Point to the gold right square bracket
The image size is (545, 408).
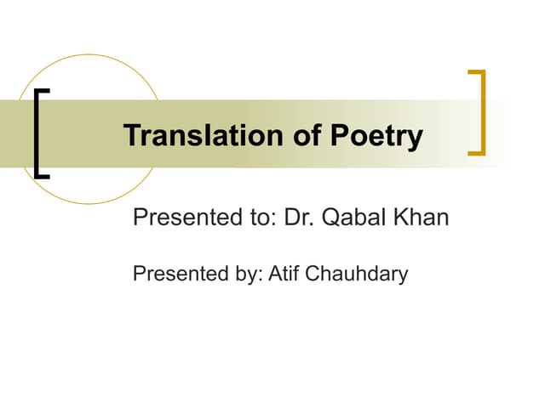(479, 113)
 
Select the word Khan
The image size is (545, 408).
(420, 218)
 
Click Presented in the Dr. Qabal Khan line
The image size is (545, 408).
(182, 218)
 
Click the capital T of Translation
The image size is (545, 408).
(131, 136)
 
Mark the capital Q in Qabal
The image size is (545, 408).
(328, 218)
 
